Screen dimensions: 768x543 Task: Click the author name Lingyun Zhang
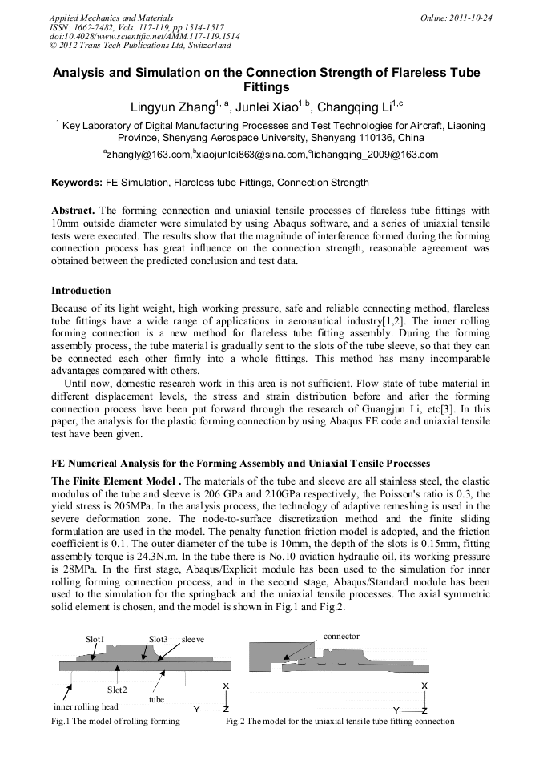[x=167, y=107]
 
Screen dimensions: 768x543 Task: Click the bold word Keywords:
[x=77, y=183]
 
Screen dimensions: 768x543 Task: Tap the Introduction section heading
[x=81, y=290]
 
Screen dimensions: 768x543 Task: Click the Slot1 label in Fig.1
[x=95, y=639]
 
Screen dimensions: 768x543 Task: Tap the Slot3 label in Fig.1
[x=158, y=639]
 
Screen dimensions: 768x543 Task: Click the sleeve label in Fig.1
[x=193, y=639]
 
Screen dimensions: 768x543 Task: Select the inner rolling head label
[x=86, y=706]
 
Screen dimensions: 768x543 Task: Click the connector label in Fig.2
[x=340, y=636]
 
